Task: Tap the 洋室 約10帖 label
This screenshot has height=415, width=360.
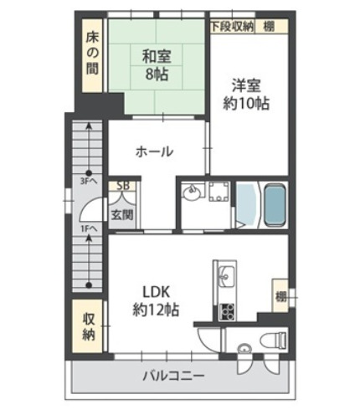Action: coord(245,94)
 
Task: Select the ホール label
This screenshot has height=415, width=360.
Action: coord(154,151)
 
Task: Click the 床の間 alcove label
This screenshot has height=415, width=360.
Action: coord(91,53)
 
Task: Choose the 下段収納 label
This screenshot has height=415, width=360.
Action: coord(232,26)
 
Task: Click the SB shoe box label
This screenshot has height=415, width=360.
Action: coord(123,187)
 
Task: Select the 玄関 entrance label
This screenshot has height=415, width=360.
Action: coord(123,214)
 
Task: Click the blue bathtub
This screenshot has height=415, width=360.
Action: coord(275,203)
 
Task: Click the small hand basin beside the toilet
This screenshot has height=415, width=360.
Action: coord(244,349)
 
